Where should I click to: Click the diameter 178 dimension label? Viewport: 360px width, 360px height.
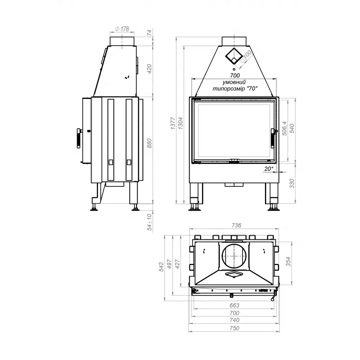tap(122, 29)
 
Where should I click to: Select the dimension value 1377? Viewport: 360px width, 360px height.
tap(173, 123)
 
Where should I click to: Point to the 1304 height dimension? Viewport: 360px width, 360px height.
tap(181, 123)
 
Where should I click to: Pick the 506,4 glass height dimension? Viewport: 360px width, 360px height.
tap(284, 129)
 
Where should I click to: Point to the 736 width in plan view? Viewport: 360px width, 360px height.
tap(236, 225)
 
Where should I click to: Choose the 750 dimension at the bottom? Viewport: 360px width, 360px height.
tap(234, 328)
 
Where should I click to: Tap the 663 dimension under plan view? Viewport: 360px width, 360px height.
tap(234, 305)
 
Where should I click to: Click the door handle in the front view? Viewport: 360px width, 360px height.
tap(273, 139)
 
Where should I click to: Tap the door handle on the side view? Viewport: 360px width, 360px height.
tap(78, 138)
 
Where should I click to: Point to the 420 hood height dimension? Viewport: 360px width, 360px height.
tap(150, 68)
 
